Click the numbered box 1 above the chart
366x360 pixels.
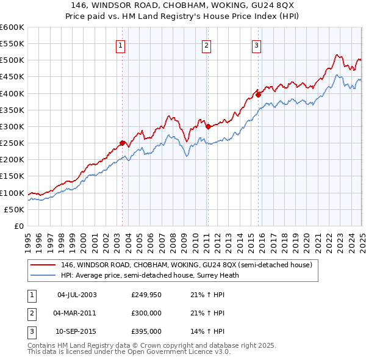(x=120, y=45)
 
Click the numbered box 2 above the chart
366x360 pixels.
(x=207, y=45)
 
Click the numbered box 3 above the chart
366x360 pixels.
(x=257, y=45)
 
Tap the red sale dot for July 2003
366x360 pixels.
(x=122, y=143)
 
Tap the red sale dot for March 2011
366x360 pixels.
(x=208, y=127)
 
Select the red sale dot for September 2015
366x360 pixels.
(x=258, y=95)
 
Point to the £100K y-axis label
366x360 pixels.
(x=12, y=193)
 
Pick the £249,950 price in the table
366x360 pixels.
(x=146, y=294)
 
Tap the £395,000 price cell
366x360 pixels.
(x=146, y=332)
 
